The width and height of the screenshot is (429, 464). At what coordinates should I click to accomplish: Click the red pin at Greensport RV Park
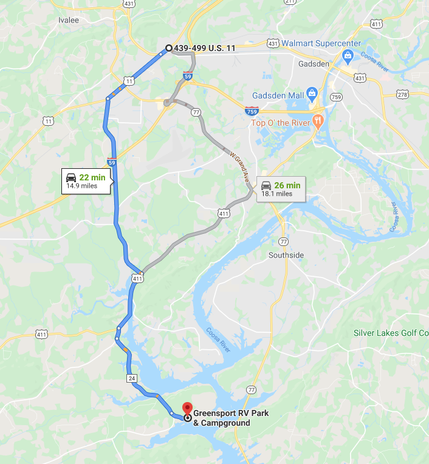coord(188,408)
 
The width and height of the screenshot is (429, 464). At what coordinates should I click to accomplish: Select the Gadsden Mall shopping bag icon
coord(312,94)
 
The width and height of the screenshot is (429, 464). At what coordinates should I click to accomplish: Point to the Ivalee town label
coord(69,19)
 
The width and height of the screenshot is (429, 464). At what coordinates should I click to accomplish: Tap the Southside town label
coord(286,255)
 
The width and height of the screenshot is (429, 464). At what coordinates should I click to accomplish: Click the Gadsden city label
coord(314,63)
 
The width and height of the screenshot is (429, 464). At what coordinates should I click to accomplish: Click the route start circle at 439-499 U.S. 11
coord(169,48)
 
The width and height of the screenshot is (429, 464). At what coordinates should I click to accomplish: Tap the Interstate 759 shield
coord(251,111)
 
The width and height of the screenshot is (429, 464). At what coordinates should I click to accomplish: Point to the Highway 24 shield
coord(132,378)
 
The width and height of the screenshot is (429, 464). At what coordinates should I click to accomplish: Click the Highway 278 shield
coord(402,94)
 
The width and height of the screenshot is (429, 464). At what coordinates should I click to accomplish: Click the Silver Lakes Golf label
coord(391,333)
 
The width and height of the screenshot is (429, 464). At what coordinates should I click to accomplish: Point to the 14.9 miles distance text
coord(81,186)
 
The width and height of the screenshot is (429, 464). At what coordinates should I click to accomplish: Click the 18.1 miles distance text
coord(277,194)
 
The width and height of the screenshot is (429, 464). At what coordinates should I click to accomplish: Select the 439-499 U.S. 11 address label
coord(204,48)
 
